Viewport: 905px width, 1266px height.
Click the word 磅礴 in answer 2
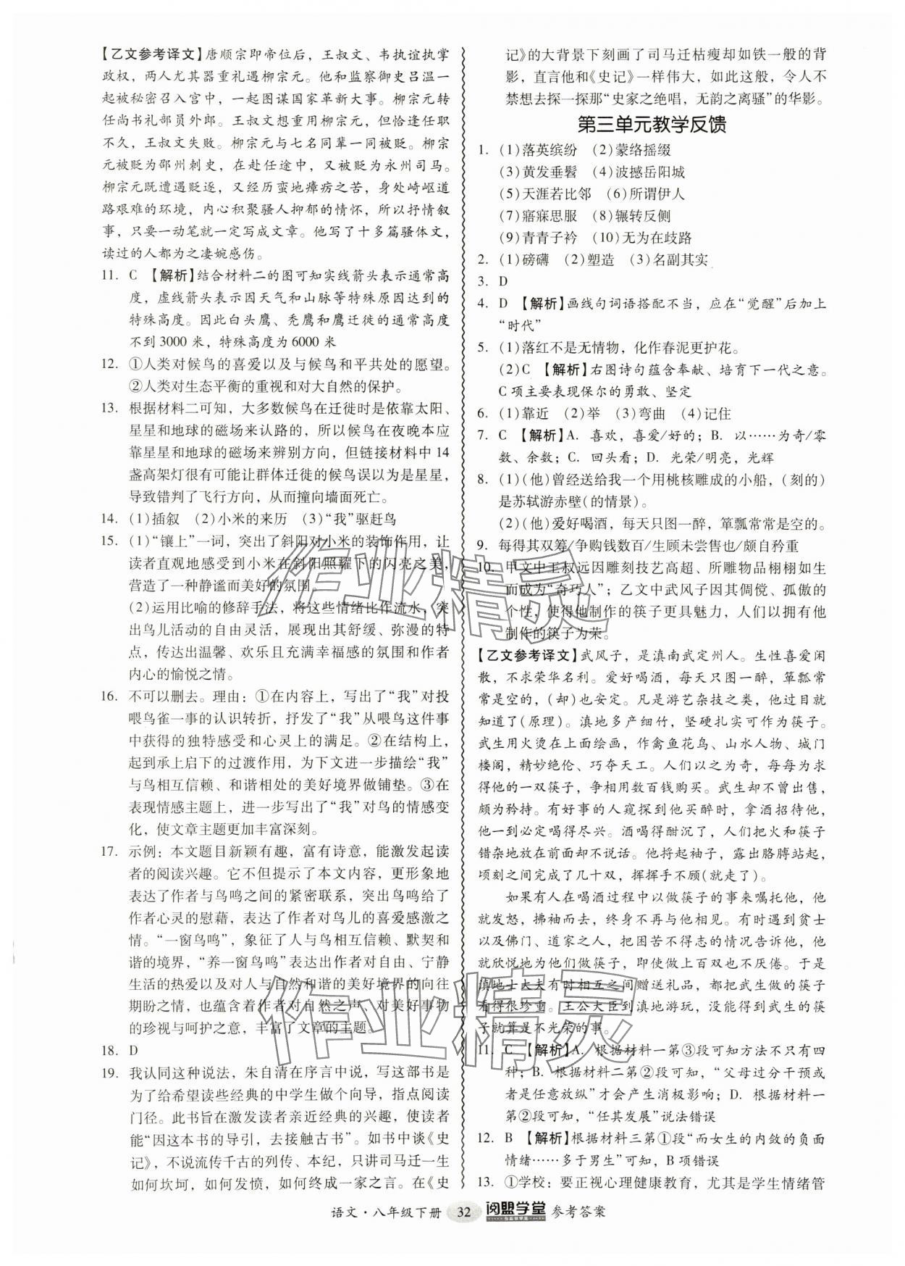coord(535,259)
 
